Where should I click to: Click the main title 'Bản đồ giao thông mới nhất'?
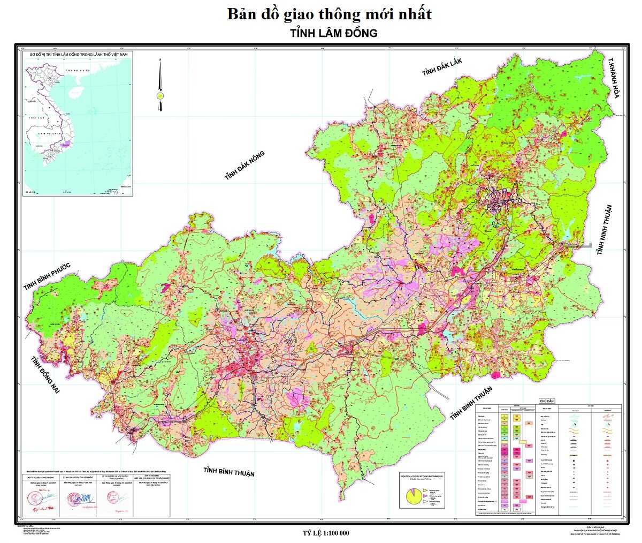tap(329, 14)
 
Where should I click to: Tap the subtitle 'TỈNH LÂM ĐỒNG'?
tap(334, 33)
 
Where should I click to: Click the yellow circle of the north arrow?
tap(159, 95)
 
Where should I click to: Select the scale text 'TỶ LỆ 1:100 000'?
tap(325, 533)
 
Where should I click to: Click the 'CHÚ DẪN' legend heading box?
tap(547, 401)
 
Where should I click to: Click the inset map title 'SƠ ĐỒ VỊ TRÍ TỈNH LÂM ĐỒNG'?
tap(79, 55)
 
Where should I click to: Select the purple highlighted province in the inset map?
tap(66, 142)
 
